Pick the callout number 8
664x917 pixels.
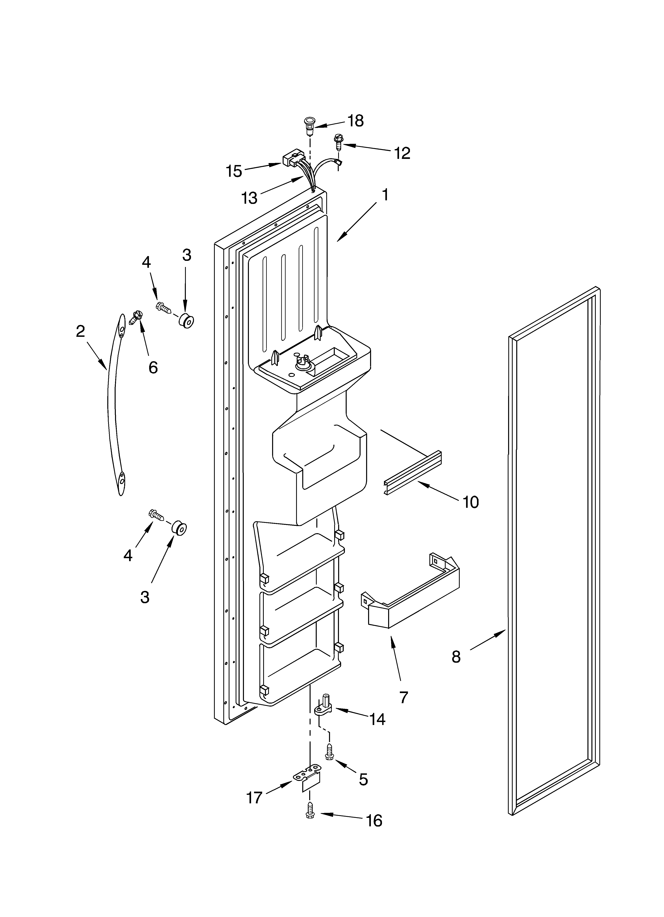[456, 657]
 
